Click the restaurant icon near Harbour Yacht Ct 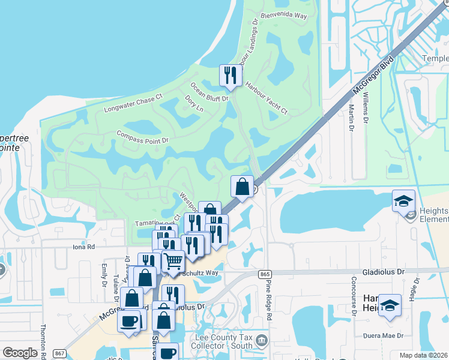(231, 76)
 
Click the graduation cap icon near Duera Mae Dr (390, 305)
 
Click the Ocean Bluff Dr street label (210, 92)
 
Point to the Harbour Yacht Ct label (267, 98)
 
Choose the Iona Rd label (83, 247)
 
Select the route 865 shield (265, 274)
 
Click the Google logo (20, 353)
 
